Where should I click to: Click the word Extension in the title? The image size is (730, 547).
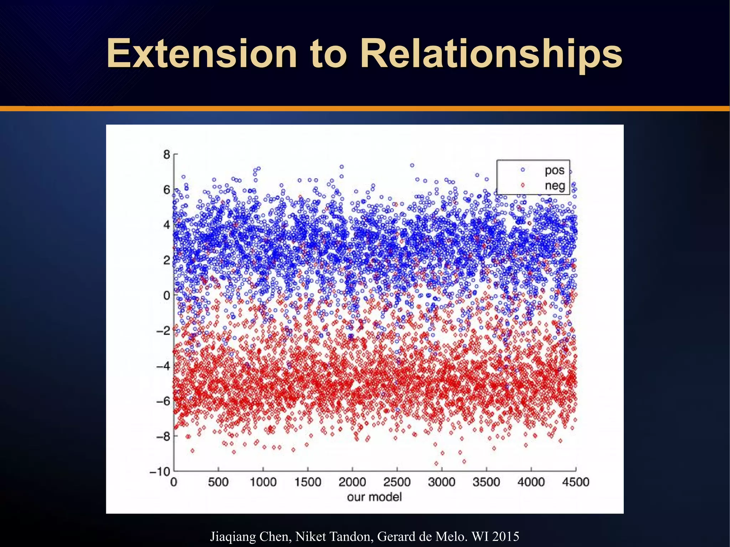click(202, 53)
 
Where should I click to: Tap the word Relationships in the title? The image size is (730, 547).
click(491, 54)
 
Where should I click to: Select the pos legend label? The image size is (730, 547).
click(554, 170)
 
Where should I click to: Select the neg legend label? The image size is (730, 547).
click(555, 186)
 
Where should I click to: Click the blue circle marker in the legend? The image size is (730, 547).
click(523, 170)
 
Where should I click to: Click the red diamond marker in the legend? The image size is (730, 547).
click(523, 185)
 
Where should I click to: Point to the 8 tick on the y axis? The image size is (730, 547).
click(166, 155)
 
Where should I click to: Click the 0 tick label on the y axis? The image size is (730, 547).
click(166, 295)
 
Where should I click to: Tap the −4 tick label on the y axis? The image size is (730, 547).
click(163, 366)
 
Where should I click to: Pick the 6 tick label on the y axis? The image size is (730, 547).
click(166, 190)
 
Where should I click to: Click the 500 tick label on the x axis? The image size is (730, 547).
click(218, 483)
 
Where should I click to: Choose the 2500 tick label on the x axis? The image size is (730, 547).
click(397, 483)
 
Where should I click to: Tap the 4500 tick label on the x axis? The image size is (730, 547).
click(575, 483)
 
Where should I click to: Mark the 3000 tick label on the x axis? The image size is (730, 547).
click(441, 483)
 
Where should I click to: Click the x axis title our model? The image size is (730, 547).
click(374, 497)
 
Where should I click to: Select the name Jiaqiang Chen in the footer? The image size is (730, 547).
click(250, 536)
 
